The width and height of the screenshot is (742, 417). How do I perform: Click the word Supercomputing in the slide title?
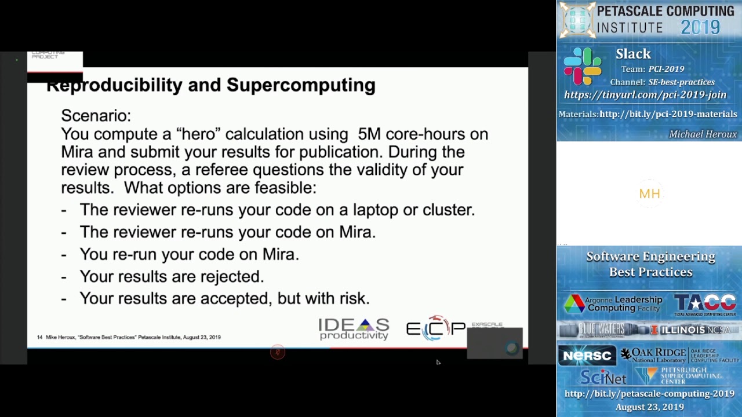point(300,85)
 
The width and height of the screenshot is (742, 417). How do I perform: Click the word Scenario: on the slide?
point(96,116)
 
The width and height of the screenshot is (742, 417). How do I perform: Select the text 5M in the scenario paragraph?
point(369,134)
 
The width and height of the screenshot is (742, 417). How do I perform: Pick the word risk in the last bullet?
point(354,299)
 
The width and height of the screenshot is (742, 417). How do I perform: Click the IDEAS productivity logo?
point(354,329)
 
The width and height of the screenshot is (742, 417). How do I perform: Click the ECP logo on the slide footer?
point(435,328)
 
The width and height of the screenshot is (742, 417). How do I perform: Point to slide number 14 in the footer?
point(40,337)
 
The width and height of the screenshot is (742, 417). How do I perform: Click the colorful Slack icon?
point(583,67)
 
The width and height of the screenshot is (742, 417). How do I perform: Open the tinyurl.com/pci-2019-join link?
point(645,95)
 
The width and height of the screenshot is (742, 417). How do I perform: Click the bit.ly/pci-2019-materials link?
point(668,114)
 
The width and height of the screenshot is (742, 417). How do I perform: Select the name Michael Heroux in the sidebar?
point(703,134)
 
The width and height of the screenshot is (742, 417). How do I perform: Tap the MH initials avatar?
point(649,194)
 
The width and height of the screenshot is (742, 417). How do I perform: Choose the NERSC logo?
point(587,356)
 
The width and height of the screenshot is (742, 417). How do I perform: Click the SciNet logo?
point(603,378)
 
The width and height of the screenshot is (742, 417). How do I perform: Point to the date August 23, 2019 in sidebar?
point(649,407)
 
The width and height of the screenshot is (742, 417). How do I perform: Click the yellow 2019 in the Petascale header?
point(700,27)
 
